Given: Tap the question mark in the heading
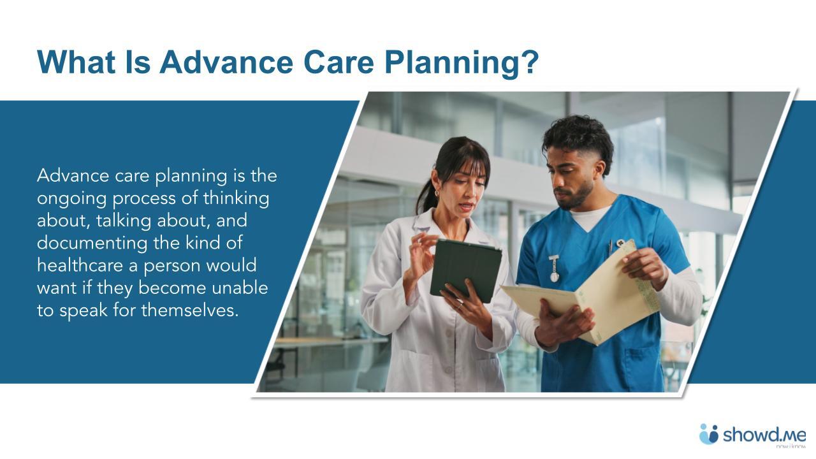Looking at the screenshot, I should point(530,61).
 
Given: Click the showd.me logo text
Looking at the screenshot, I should point(764,435).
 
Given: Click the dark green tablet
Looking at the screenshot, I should point(465,269).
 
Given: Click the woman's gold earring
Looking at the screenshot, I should point(437,192).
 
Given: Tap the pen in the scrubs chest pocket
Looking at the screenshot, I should point(610,247).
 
